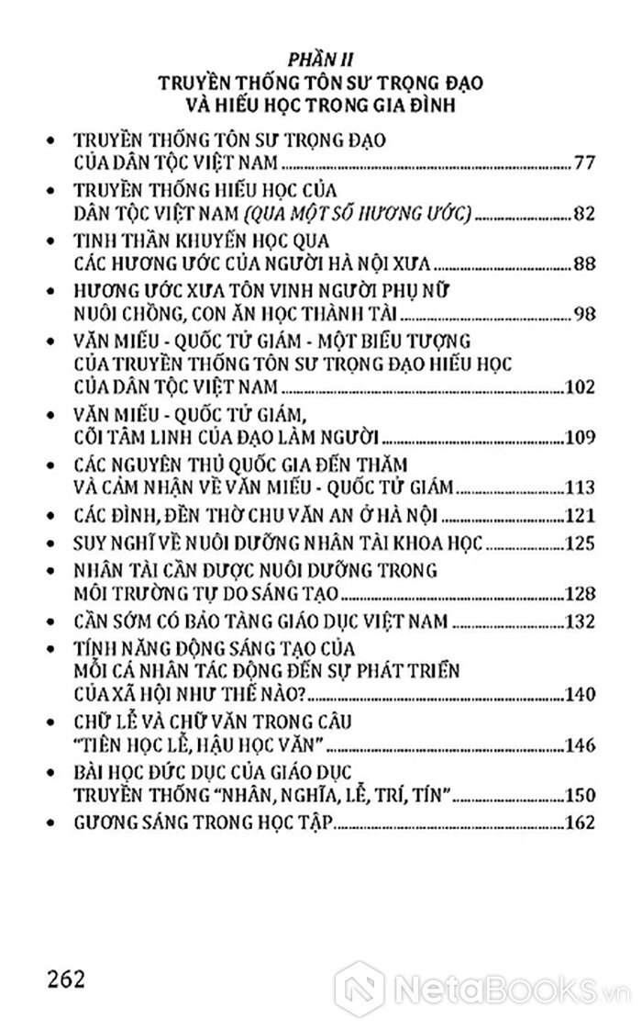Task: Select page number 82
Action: [x=584, y=214]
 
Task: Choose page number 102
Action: [x=580, y=386]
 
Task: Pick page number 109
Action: [x=580, y=435]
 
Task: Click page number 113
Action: [x=580, y=486]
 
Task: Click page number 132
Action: [x=580, y=621]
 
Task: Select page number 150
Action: [x=580, y=794]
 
